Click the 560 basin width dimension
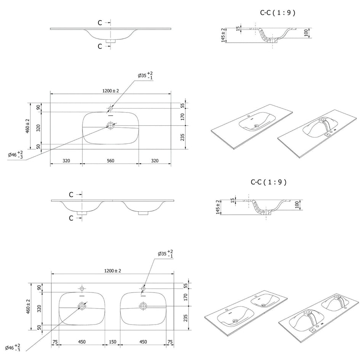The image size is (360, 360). [111, 161]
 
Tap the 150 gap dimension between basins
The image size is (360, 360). [112, 342]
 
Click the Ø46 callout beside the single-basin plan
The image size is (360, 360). [15, 154]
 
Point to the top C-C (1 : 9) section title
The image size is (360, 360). [278, 13]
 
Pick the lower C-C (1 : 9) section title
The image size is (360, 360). [268, 182]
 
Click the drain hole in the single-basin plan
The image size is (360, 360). [111, 125]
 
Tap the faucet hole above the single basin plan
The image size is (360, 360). [111, 108]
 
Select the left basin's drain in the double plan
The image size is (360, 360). [82, 306]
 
